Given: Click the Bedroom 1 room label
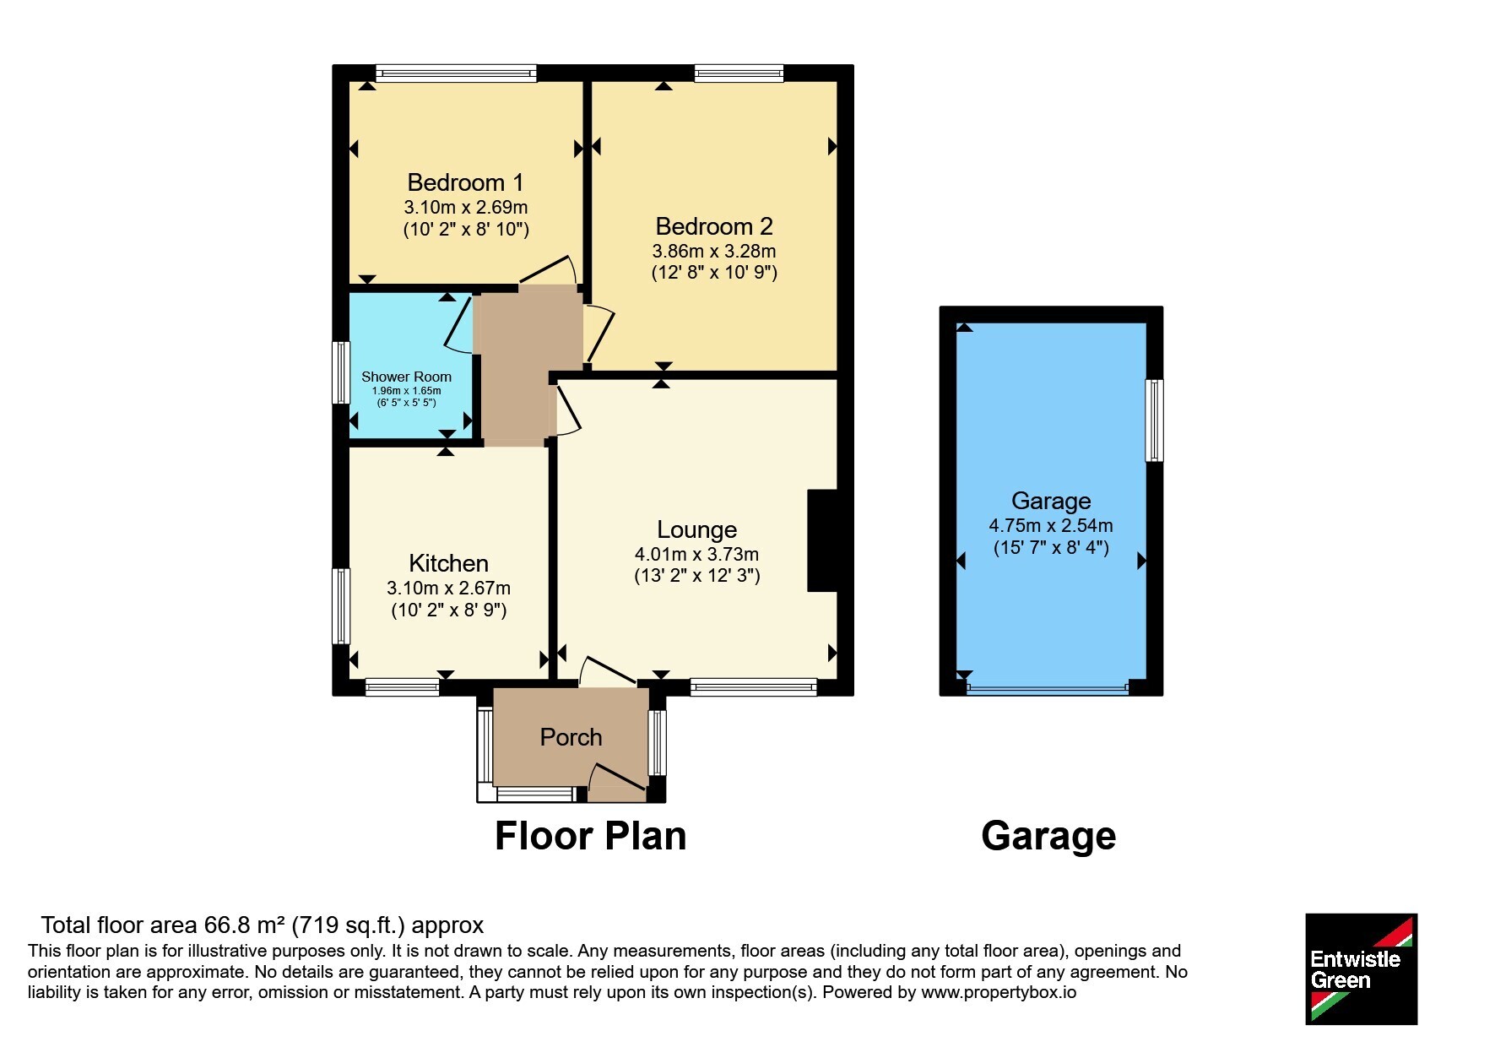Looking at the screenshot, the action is coord(465,182).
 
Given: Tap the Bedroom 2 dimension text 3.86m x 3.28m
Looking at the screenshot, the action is coord(714,251).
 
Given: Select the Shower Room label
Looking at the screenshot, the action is coord(406,377).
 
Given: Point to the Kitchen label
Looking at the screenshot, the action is coord(448,563).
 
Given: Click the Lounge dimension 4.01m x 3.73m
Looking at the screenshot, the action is coord(696,555).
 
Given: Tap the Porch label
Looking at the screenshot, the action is coord(571,737).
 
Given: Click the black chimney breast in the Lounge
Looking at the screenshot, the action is coord(822,540).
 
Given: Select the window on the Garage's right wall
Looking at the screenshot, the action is coord(1154,420).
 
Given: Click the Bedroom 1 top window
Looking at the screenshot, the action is coord(456,73).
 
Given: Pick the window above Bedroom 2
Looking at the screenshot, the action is coord(739,73).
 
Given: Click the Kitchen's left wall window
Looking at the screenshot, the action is coord(341,606).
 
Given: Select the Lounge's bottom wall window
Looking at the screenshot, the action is coord(754,687).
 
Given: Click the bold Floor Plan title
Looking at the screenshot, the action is coord(590,836).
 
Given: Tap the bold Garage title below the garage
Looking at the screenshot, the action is coord(1048,836).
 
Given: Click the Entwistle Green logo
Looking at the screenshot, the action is coord(1361,969).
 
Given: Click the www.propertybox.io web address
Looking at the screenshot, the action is coord(999,992).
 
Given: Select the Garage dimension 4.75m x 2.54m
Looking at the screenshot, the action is coord(1051,525).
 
